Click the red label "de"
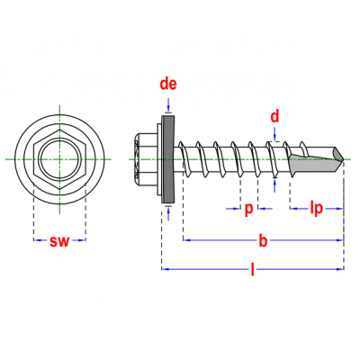168,84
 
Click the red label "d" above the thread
274,116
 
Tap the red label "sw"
59,241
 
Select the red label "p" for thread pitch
248,209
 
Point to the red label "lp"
316,208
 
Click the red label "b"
263,240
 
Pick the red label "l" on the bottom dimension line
253,269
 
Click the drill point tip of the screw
344,159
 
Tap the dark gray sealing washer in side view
168,159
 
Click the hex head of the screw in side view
147,159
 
